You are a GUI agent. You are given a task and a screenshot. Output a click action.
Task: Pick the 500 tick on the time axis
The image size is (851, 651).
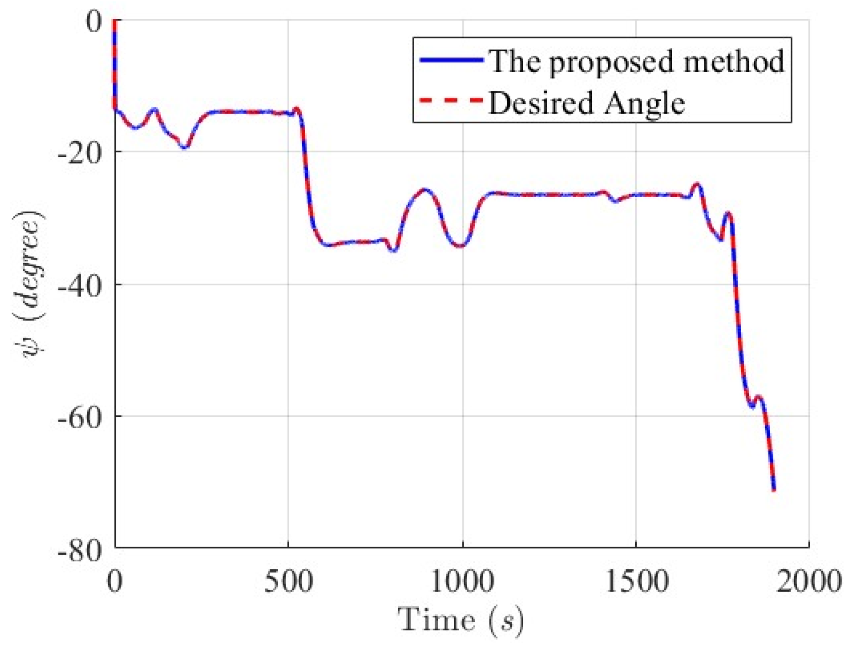(288, 582)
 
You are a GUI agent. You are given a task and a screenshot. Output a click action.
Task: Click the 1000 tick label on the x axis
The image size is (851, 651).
(462, 582)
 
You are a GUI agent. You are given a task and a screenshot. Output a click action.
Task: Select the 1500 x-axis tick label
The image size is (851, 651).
(636, 582)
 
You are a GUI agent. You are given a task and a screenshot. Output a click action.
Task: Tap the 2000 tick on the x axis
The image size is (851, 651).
(808, 582)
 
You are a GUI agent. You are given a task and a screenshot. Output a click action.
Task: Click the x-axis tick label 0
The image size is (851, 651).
(115, 582)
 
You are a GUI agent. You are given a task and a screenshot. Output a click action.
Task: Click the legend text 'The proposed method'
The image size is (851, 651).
(637, 61)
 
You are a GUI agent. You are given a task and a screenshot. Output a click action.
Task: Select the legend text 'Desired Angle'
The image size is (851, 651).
(586, 102)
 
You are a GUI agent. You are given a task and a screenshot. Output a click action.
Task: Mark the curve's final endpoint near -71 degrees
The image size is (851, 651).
(773, 490)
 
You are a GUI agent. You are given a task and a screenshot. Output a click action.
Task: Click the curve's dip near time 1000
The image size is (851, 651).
(461, 246)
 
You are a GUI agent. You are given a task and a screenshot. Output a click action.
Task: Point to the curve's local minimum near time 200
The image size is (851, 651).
(184, 147)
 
